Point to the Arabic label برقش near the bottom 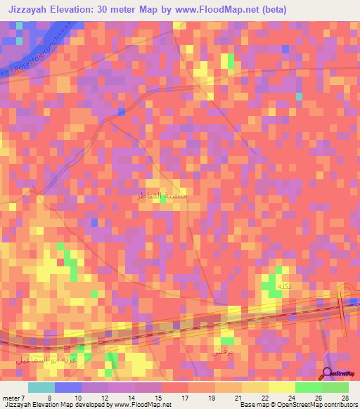coord(221,348)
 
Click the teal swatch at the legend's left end coord(41,387)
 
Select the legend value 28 coord(344,398)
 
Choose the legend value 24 coord(290,398)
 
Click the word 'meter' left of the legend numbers coord(11,398)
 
